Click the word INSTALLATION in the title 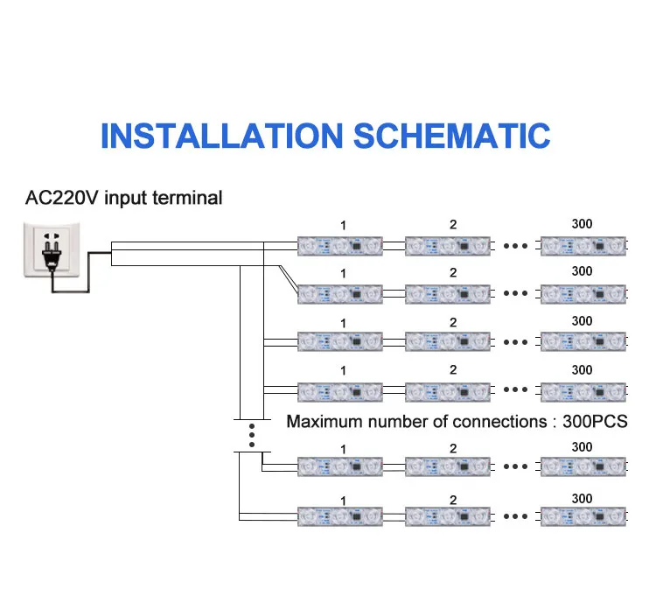222,137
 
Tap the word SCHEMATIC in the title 452,137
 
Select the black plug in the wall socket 52,256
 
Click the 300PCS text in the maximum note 595,422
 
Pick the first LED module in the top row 340,246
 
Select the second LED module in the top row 448,246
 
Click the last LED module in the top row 583,246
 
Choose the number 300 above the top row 582,224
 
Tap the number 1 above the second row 343,274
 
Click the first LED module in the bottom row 340,516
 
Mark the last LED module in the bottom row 583,516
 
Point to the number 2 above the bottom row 453,500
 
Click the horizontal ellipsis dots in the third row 515,342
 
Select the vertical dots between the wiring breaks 252,436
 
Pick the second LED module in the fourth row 448,392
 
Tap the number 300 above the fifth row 582,447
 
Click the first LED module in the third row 340,341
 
